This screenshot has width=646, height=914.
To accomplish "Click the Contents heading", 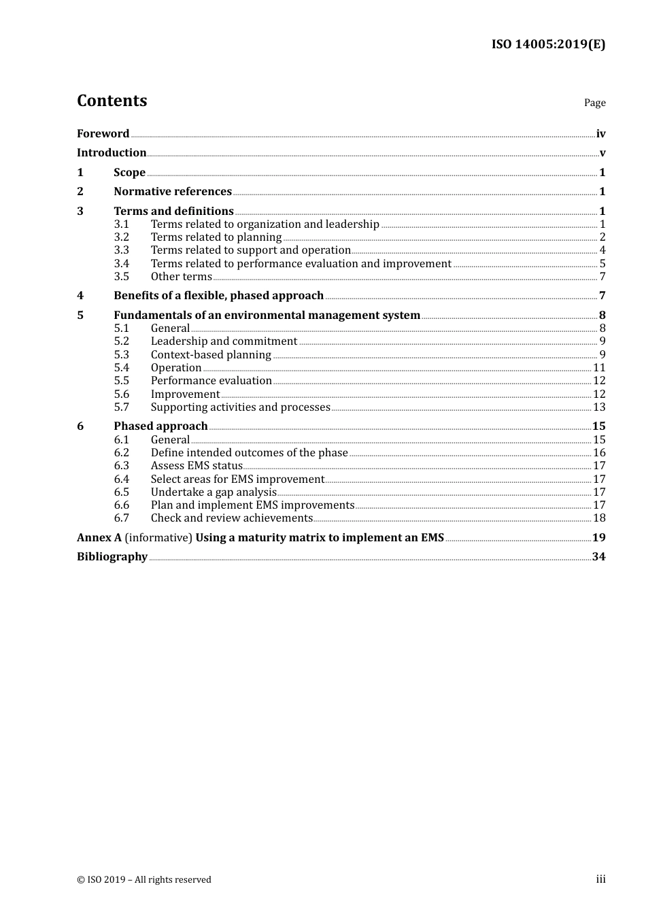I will coord(112,101).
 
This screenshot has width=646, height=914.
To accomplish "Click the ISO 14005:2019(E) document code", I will coord(548,44).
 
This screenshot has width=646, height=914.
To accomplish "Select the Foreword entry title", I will coord(103,134).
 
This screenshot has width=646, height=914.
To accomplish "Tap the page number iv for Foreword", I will coord(600,134).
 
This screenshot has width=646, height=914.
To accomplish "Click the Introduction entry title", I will coord(112,153).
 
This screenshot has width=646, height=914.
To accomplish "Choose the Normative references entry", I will coord(173,192).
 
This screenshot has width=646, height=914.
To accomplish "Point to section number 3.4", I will coord(121,264).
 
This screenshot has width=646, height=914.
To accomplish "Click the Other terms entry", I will coord(181,277).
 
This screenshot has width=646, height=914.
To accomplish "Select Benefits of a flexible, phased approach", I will coord(218,296).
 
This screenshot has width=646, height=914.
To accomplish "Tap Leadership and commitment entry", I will coord(224,341).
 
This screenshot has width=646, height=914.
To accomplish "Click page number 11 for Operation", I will coord(599,368).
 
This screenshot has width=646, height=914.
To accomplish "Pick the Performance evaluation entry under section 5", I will coord(211,381).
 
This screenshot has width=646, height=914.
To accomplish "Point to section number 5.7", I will coord(121,407).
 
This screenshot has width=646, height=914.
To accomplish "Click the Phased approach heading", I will coord(160,426).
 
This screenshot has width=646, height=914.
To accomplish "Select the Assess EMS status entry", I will coord(197,466).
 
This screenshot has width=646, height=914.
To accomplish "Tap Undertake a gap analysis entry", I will coord(214,492).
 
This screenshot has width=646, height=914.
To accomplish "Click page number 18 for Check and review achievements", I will coord(599,518).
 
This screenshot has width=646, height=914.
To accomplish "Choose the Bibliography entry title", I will coord(112,557).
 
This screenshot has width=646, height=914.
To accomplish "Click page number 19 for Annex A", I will coord(598,538).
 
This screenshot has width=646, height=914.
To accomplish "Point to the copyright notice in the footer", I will coord(144,880).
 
